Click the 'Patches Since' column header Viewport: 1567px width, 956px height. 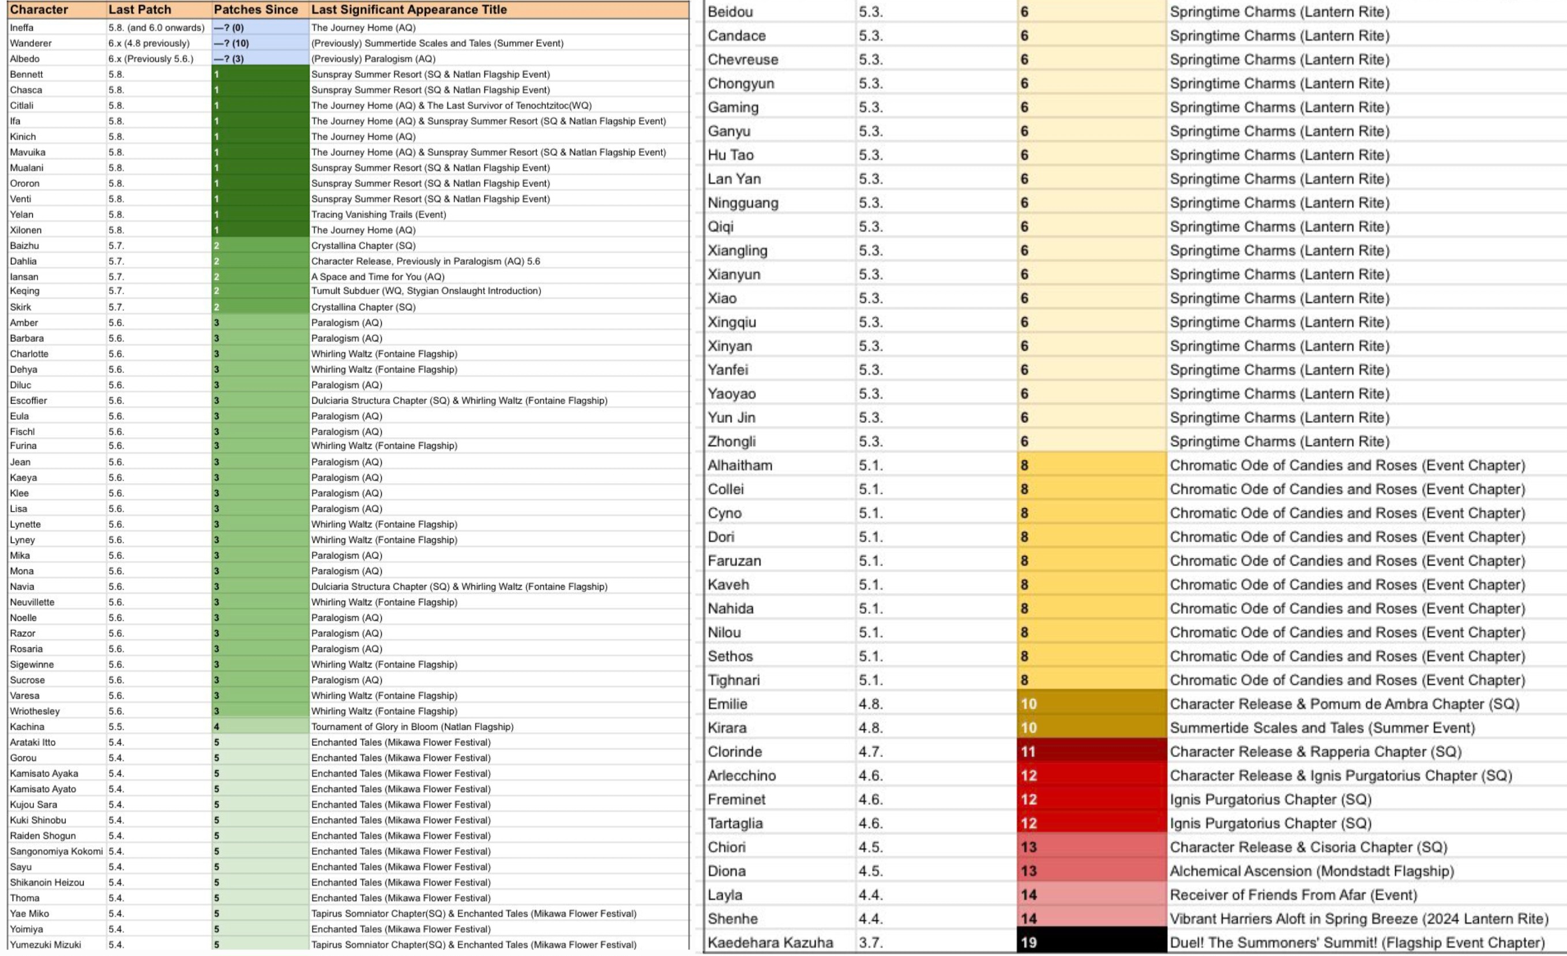[255, 10]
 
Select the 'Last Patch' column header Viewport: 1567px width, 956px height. [140, 10]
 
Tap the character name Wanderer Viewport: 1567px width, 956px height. [31, 43]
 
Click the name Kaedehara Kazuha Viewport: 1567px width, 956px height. [770, 942]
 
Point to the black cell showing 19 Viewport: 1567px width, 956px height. [1091, 942]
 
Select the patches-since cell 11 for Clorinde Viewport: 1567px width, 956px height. [1091, 751]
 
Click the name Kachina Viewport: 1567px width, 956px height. [27, 726]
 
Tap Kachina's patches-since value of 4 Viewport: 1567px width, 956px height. [260, 726]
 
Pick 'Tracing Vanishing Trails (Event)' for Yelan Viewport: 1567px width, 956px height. [378, 215]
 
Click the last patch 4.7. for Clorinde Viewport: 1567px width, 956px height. [871, 751]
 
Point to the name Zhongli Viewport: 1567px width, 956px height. [731, 441]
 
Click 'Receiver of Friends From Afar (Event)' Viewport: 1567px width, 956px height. [1293, 894]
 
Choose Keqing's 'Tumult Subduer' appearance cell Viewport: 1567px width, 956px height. [426, 291]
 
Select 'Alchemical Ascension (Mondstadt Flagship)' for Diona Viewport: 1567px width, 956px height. [1312, 871]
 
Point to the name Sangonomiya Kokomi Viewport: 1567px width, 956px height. [56, 851]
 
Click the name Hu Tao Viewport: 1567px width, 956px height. [730, 155]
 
